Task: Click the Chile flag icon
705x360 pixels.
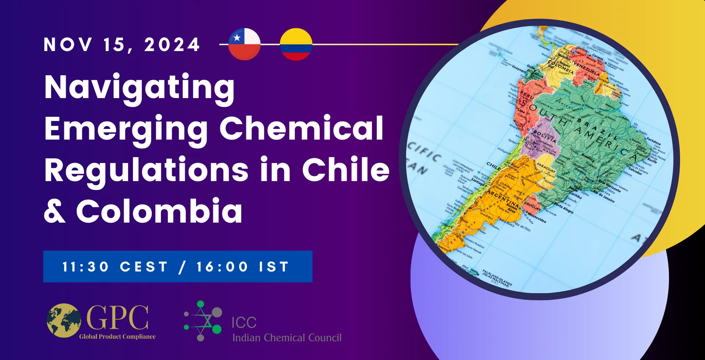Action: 244,44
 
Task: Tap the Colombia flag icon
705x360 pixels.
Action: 296,44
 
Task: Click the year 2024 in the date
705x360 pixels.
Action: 172,45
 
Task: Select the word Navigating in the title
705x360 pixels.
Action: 140,88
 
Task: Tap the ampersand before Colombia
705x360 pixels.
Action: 55,211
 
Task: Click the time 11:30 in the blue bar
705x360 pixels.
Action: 86,267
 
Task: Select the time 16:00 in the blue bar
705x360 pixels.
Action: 222,267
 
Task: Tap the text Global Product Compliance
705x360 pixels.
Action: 117,336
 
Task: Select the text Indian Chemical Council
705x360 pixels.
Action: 287,338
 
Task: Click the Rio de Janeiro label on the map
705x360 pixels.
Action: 604,197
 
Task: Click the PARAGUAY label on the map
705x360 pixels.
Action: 546,167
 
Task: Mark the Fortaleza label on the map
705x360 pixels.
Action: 654,141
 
